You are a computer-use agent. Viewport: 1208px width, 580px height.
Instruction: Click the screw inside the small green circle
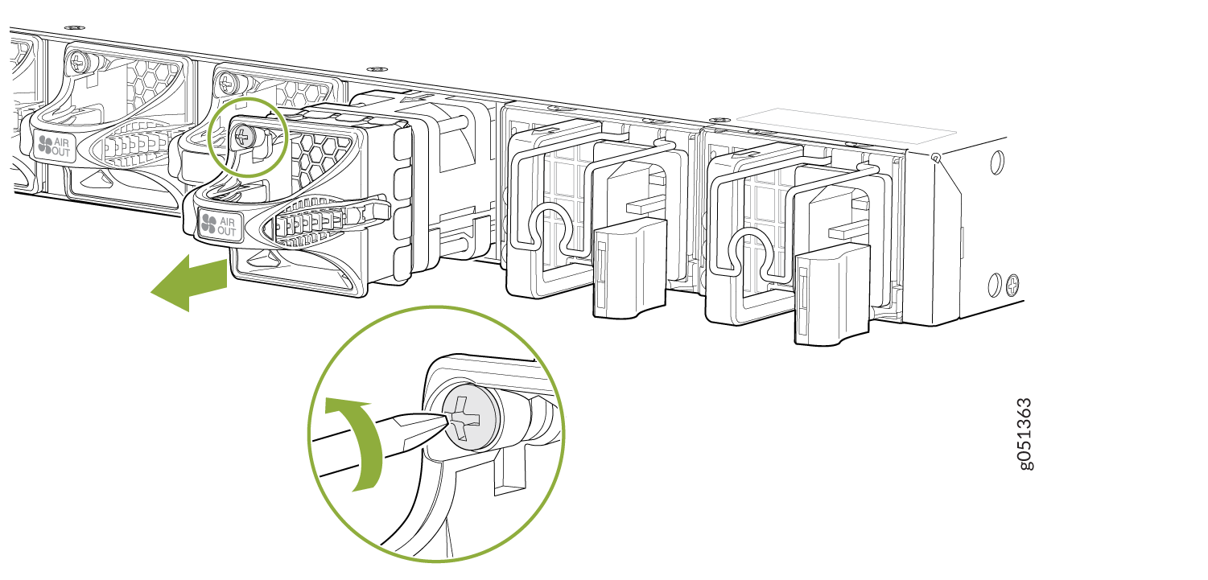point(244,138)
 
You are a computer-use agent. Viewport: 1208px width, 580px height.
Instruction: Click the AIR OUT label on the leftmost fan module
point(55,146)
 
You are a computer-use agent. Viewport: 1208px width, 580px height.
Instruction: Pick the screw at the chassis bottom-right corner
point(1013,285)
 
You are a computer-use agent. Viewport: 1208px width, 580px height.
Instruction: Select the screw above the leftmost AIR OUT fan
point(79,62)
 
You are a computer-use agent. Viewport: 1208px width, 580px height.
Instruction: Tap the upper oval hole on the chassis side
point(998,162)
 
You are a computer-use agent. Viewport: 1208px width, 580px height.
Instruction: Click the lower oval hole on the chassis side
point(995,285)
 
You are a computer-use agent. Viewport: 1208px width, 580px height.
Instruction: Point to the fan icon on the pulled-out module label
point(208,224)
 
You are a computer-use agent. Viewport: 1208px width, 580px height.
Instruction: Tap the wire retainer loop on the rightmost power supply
point(750,253)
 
